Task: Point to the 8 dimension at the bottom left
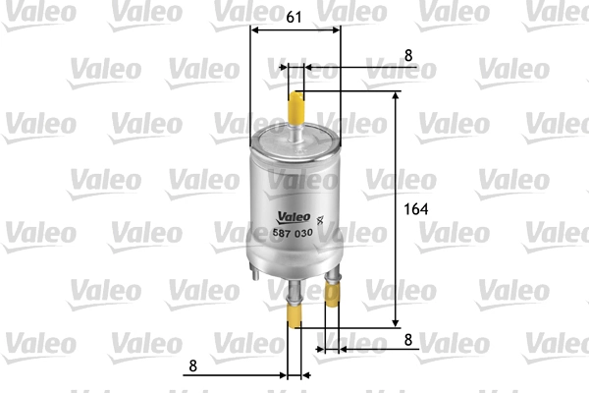tap(193, 365)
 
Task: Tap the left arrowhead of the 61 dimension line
tap(255, 30)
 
